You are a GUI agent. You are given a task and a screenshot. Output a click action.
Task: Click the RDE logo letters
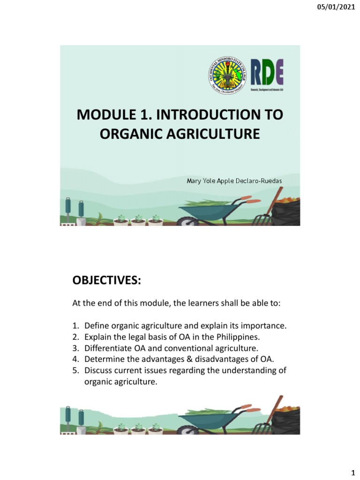(x=266, y=71)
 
